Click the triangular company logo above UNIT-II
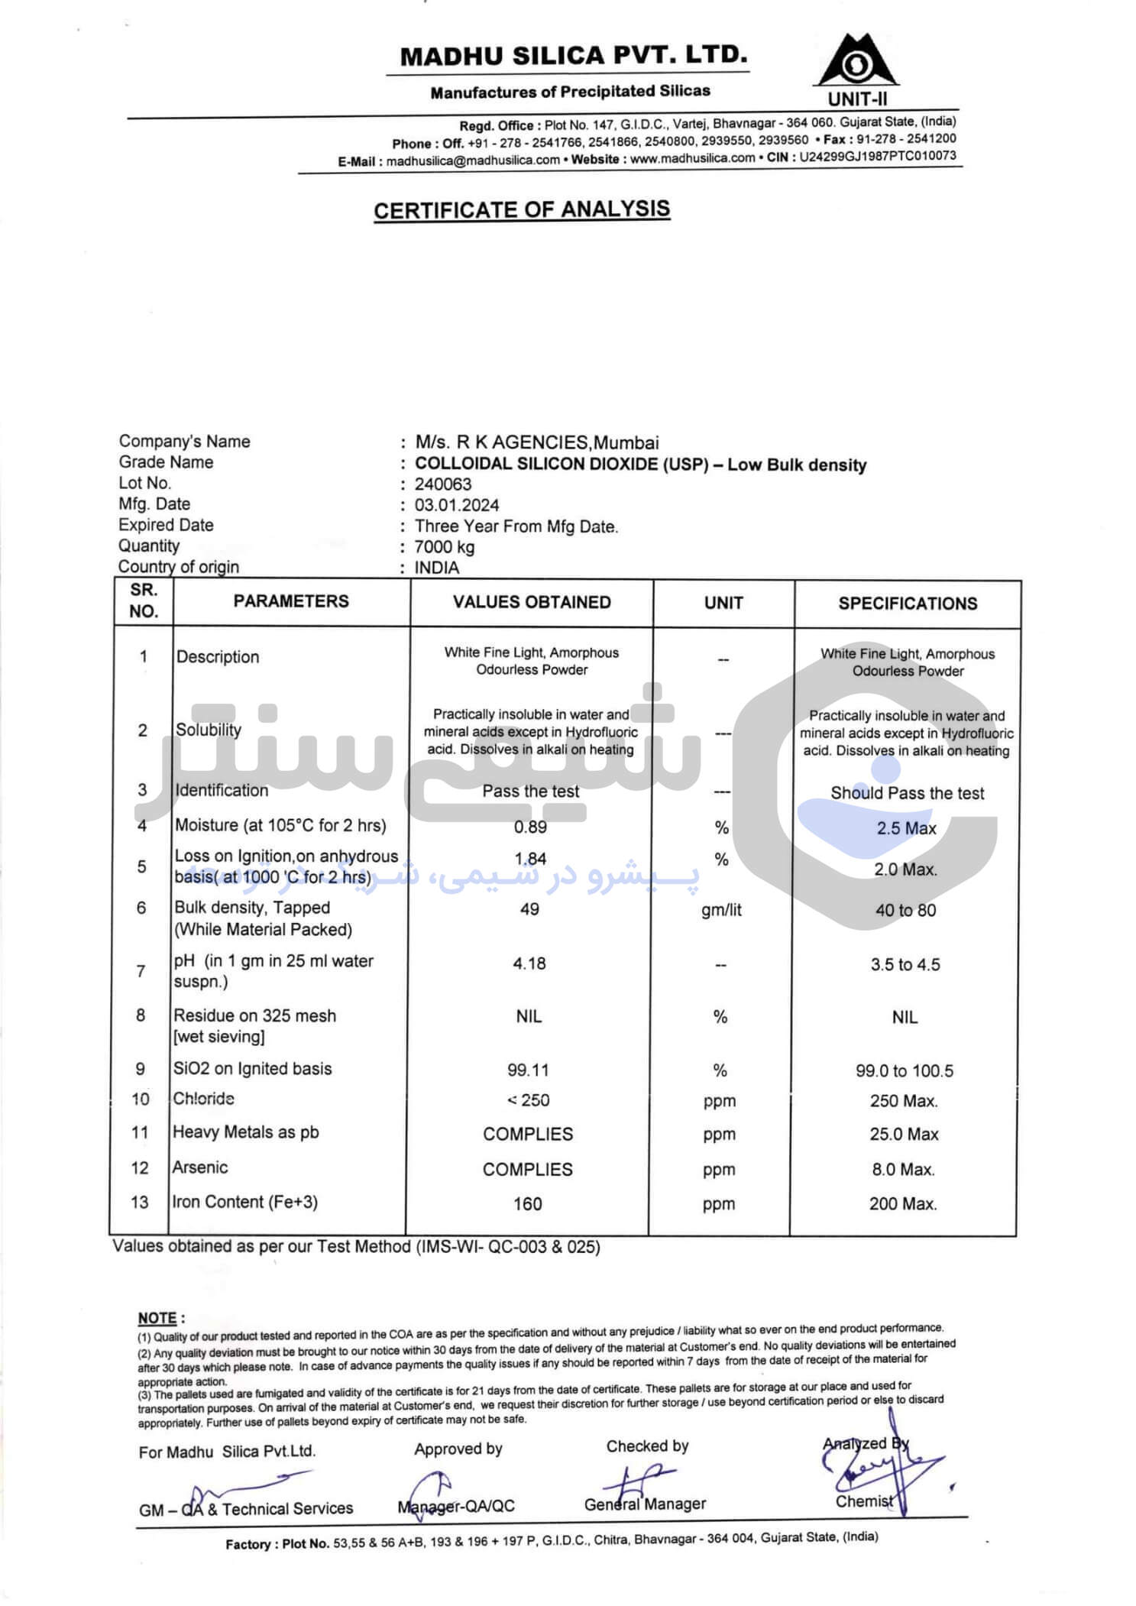[857, 61]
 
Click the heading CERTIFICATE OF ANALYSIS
[522, 209]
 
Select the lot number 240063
[443, 484]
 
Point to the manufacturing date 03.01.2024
[457, 505]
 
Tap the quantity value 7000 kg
[445, 547]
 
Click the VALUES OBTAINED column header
[532, 602]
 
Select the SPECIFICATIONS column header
[908, 604]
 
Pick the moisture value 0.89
[530, 827]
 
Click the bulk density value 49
[529, 909]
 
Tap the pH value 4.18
[529, 963]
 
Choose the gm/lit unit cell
[721, 910]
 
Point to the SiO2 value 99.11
[528, 1070]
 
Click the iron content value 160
[527, 1204]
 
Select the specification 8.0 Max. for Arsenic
[902, 1170]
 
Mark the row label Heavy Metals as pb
[245, 1132]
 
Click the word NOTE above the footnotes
[157, 1318]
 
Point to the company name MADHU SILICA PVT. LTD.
[573, 56]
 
